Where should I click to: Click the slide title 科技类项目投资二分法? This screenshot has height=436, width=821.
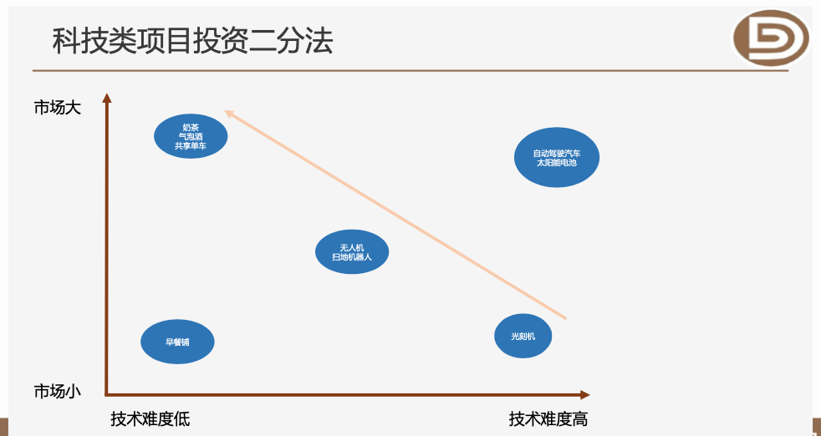coord(193,40)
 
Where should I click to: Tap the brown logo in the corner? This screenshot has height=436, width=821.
coord(771,38)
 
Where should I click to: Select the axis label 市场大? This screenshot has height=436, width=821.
coord(57,108)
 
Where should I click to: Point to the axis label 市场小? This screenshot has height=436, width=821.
coord(57,391)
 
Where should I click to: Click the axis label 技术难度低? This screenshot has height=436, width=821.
coord(150,418)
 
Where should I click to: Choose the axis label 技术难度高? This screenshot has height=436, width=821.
coord(548,418)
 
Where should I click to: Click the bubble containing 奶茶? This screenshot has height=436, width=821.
coord(191,134)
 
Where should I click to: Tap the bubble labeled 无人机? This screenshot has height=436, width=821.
coord(352,251)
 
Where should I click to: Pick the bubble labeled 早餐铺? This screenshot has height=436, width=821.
coord(177,342)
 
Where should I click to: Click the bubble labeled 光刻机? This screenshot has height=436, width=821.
coord(523,336)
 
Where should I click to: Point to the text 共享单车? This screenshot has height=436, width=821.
coord(191,146)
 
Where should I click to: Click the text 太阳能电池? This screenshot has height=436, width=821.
coord(557,162)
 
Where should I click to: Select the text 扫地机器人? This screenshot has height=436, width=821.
coord(352,257)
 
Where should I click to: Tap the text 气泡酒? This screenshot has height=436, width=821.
coord(191,136)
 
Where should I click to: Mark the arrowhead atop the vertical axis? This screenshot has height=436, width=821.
coord(106,98)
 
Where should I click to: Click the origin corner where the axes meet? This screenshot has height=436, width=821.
coord(107,393)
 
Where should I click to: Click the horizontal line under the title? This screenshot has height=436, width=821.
coord(410,71)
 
